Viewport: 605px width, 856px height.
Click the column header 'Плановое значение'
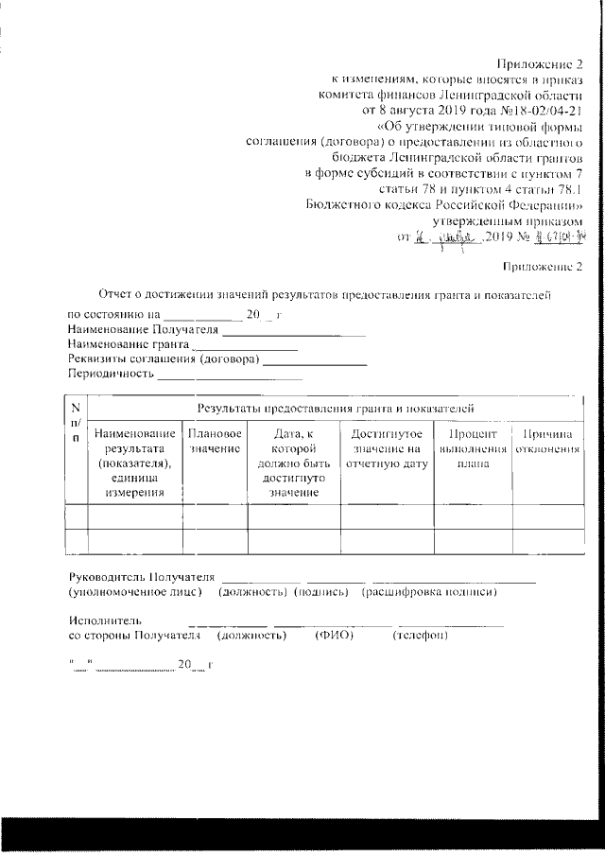coord(214,441)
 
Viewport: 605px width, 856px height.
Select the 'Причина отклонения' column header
coord(546,441)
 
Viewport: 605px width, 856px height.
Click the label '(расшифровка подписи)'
coord(429,592)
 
